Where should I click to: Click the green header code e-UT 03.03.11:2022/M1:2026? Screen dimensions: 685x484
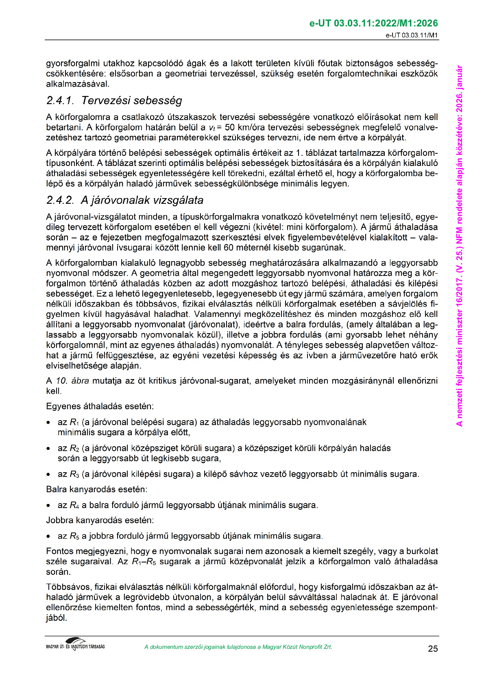(x=373, y=23)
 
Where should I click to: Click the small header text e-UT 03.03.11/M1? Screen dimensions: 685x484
(x=412, y=35)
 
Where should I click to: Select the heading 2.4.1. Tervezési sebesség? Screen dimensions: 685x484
(x=114, y=100)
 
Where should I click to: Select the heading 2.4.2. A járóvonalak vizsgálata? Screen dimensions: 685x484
(x=124, y=200)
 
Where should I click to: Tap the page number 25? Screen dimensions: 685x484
(x=433, y=649)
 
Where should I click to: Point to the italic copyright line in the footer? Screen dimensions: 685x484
(x=238, y=647)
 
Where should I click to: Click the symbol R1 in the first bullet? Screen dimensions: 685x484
(x=74, y=422)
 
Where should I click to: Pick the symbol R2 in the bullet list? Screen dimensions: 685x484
(x=74, y=448)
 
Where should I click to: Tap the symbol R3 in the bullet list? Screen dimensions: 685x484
(x=74, y=474)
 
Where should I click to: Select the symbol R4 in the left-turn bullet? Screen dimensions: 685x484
(x=74, y=506)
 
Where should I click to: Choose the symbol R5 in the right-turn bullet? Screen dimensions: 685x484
(x=74, y=536)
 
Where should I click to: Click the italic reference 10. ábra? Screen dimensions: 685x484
(x=72, y=381)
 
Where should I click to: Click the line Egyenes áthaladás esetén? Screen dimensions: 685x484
(x=100, y=406)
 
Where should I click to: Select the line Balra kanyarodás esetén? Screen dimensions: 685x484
(x=96, y=489)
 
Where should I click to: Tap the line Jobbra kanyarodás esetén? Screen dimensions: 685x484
(x=100, y=520)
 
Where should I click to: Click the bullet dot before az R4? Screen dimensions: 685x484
(x=49, y=506)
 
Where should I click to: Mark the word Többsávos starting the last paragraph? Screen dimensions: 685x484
(x=68, y=587)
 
